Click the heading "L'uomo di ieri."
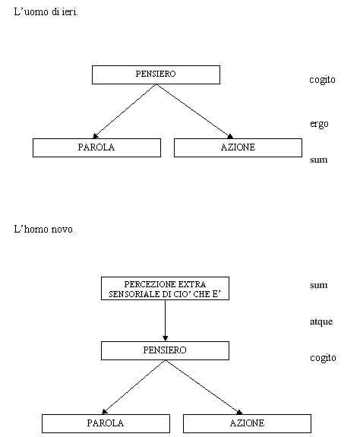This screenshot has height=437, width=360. click(x=46, y=12)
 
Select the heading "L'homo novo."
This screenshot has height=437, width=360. click(x=44, y=229)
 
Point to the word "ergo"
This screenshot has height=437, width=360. click(x=319, y=124)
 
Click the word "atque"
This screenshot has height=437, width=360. click(x=321, y=321)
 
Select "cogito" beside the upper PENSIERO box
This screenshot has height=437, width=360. click(x=322, y=80)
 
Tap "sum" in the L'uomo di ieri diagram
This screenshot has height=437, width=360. click(x=318, y=160)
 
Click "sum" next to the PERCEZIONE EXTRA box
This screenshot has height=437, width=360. click(x=318, y=285)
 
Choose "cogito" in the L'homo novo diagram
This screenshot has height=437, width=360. click(x=323, y=358)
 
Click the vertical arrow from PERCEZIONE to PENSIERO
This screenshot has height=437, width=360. click(x=165, y=321)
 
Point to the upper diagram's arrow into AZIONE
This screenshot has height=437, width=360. click(x=194, y=111)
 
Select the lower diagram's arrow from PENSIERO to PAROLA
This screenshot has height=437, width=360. click(x=134, y=387)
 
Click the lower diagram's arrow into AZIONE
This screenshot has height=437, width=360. click(x=204, y=387)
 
